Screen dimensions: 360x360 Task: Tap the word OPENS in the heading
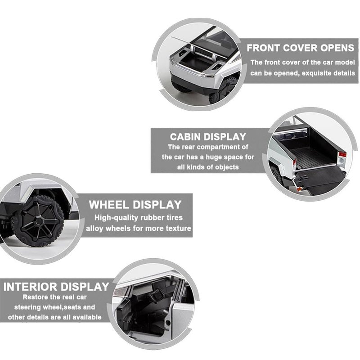click(x=337, y=48)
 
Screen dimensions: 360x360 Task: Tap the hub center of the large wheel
click(x=39, y=221)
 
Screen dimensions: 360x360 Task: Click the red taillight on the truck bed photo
click(x=342, y=154)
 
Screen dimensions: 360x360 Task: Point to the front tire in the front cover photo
click(x=224, y=91)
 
